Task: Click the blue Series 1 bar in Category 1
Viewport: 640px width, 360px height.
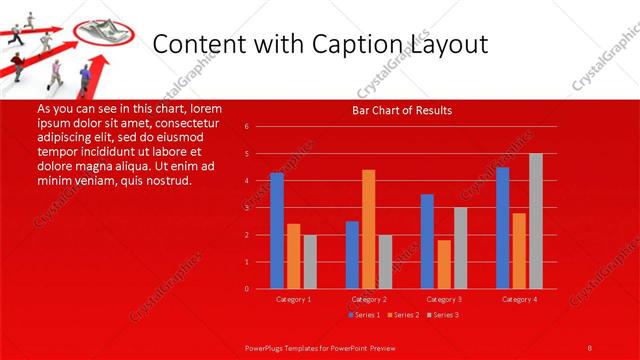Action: pos(277,231)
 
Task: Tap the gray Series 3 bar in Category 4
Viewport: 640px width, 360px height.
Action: pos(535,221)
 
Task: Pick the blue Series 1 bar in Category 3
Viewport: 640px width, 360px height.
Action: pos(427,241)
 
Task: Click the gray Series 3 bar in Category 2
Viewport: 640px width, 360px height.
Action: pos(385,262)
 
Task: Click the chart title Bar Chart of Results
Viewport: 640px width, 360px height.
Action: pos(403,110)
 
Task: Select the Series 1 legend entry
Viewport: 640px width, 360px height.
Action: pos(363,315)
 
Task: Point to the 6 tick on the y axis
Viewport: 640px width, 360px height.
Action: pos(246,127)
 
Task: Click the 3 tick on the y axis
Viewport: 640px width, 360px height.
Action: pos(246,208)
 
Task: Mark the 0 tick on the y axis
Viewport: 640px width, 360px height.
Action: pos(246,289)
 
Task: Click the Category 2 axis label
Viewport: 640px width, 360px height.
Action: pos(369,299)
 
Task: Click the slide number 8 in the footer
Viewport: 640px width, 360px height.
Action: pos(589,348)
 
